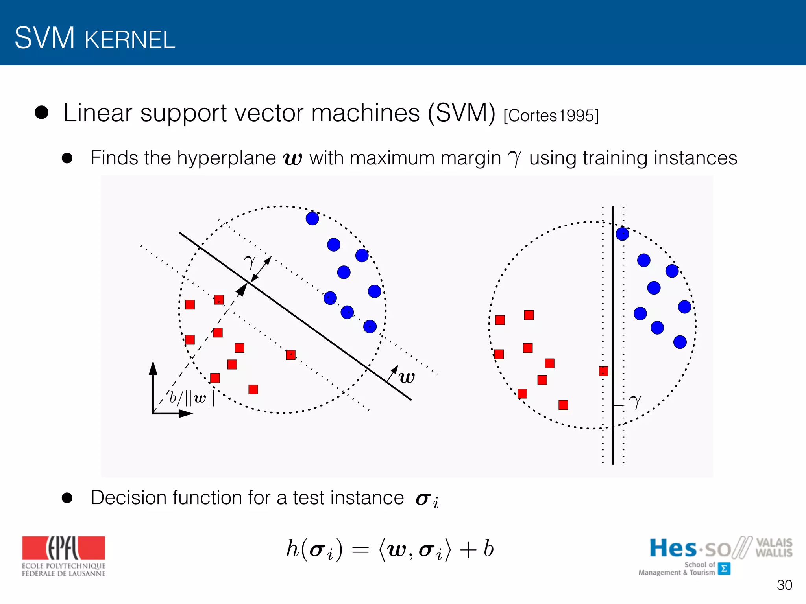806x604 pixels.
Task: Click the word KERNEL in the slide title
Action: coord(130,40)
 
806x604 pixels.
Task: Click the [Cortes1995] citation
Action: coord(551,116)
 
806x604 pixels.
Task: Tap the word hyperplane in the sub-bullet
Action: coord(226,158)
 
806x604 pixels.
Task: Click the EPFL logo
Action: coord(63,556)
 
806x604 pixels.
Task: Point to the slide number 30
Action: coord(784,585)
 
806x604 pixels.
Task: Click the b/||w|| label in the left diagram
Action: coord(192,398)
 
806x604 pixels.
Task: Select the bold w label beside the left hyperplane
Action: coord(407,377)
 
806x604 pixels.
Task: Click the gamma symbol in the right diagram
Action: coord(635,401)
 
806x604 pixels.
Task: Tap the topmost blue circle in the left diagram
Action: coord(312,218)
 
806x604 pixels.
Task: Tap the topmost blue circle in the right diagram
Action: coord(622,234)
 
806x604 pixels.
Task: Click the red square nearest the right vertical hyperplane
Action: coord(603,371)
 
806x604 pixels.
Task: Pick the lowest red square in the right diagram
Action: coord(563,405)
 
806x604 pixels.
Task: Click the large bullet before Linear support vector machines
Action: coord(41,112)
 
